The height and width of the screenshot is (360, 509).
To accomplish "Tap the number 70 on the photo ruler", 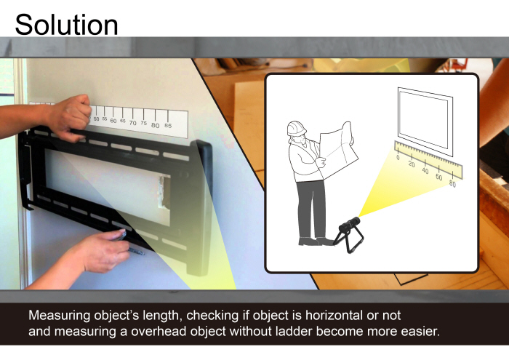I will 132,123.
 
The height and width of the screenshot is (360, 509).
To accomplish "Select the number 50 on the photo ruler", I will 97,119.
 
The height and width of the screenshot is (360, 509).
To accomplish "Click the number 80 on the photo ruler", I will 156,125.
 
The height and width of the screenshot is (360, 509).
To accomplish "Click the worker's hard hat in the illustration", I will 297,128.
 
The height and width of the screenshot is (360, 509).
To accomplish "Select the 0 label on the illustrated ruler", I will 398,156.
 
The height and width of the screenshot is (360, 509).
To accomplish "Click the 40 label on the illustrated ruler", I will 425,170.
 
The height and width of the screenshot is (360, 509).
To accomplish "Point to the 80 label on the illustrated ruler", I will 452,184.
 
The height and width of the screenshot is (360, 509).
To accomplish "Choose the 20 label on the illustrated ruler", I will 412,164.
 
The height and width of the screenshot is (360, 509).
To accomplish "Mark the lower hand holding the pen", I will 98,251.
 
